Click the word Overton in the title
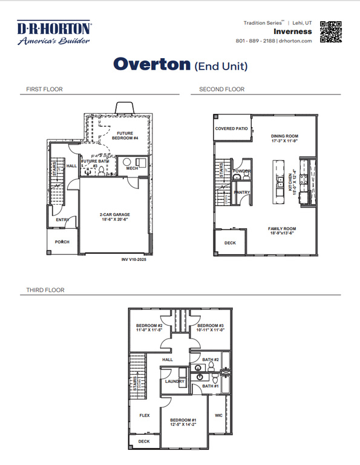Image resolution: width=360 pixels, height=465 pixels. point(151,65)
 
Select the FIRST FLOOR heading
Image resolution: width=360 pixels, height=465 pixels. point(44,90)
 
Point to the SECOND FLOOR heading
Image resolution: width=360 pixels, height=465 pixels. point(222,90)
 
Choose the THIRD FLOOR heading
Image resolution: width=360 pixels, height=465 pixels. point(45,290)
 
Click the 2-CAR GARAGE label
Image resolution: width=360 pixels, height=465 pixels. point(115,214)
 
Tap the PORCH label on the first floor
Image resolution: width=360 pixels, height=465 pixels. point(62,242)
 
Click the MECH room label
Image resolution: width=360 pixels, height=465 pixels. point(133,168)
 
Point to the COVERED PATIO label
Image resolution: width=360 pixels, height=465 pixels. point(232,128)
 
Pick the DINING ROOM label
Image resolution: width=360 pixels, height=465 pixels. point(284,136)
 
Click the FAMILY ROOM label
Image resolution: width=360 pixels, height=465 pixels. point(281,228)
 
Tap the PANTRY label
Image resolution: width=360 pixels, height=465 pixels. point(242,193)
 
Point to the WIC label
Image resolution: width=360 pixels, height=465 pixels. point(218,415)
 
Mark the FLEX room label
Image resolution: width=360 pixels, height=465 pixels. point(145,415)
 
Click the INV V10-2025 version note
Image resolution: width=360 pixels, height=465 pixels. point(134,260)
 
